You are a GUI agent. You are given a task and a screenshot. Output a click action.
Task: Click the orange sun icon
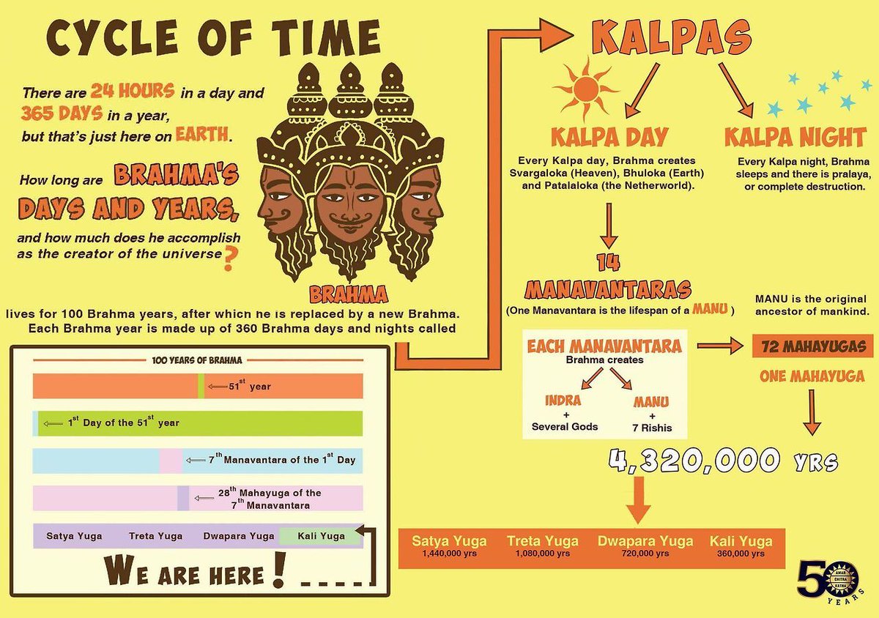(x=586, y=88)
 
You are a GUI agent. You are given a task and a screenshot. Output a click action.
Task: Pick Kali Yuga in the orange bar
(x=741, y=542)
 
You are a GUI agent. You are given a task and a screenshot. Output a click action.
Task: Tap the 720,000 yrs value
(x=645, y=554)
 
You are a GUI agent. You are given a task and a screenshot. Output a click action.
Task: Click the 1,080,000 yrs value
(x=542, y=554)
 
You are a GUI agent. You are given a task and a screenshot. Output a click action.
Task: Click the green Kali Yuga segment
(x=321, y=536)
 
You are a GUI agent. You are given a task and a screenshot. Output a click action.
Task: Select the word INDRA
(x=564, y=401)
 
